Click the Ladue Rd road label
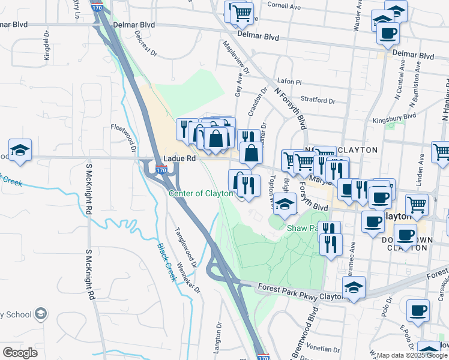179,158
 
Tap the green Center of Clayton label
200,193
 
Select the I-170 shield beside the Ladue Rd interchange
161,171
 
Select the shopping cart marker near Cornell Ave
241,13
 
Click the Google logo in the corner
20,353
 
